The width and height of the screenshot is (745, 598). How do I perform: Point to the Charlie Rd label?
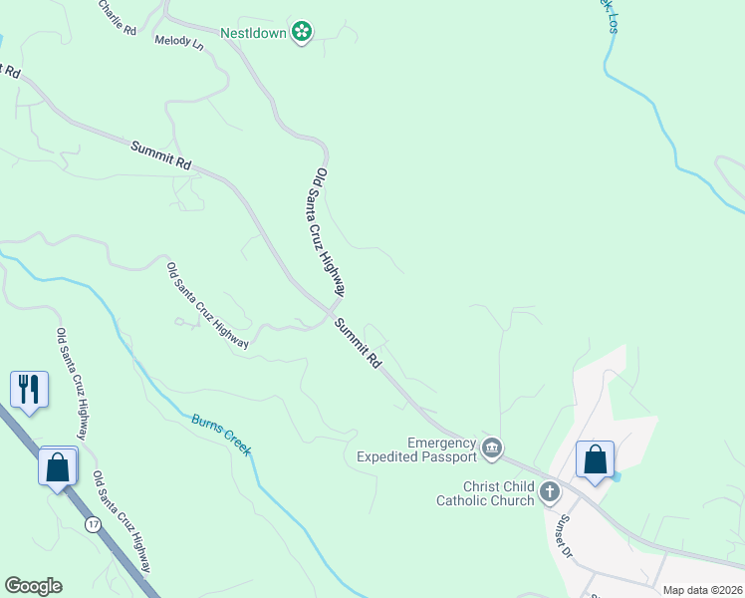coord(117,16)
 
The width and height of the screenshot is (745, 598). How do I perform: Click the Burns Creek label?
coord(221,435)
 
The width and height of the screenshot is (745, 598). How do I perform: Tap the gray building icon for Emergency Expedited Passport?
coord(491,449)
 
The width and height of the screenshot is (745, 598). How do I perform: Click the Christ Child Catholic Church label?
coord(485,493)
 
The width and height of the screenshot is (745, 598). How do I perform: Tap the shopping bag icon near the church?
coord(595,460)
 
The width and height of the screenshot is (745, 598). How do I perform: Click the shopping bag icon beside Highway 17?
coord(58,466)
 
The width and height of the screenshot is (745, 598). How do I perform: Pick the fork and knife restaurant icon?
coord(29,389)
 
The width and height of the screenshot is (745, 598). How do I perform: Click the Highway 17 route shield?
coord(93,524)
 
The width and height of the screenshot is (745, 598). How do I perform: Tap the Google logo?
coord(33,586)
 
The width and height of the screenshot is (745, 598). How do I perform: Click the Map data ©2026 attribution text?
coord(701,590)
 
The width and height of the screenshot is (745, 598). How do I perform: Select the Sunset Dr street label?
coord(566,535)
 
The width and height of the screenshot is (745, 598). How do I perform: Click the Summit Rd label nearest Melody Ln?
coord(160,153)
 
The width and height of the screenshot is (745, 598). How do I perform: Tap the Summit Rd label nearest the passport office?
coord(359,344)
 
